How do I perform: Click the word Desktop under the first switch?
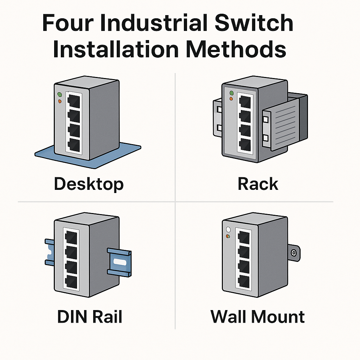(89, 184)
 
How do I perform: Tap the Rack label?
(258, 184)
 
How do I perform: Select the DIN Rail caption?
(90, 316)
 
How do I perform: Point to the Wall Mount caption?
(257, 316)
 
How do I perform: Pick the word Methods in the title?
(236, 49)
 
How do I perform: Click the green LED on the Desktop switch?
(59, 95)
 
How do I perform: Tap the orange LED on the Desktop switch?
(59, 101)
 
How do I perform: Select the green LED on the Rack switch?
(231, 93)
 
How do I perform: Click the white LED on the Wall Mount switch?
(228, 229)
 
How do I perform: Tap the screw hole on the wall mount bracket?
(294, 253)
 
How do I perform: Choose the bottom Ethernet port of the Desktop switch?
(74, 144)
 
